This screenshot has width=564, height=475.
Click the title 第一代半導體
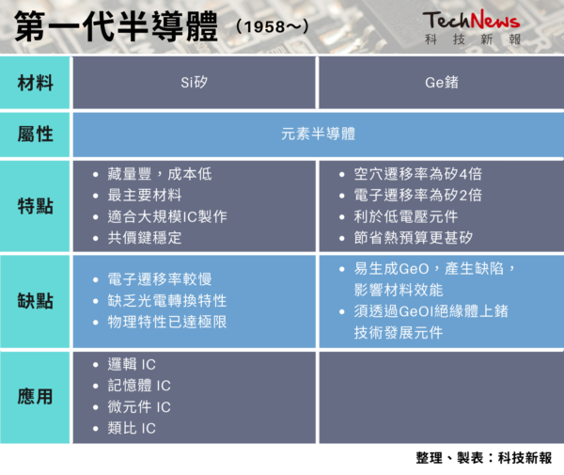click(116, 26)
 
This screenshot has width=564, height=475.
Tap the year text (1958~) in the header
click(273, 26)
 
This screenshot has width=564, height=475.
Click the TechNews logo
click(472, 27)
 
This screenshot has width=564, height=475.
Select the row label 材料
click(36, 83)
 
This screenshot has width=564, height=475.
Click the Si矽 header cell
click(194, 83)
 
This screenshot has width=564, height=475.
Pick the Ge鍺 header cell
click(442, 83)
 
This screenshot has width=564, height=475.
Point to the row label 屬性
click(36, 135)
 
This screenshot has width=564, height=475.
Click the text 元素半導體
click(318, 134)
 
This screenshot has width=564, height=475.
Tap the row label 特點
click(36, 206)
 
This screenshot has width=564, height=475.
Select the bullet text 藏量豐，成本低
click(160, 174)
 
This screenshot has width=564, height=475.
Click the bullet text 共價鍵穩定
click(145, 238)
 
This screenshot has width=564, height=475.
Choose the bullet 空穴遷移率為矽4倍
click(417, 174)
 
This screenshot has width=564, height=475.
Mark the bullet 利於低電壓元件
click(406, 216)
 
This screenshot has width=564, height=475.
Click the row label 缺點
click(36, 301)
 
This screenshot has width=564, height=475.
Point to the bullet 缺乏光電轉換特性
click(167, 301)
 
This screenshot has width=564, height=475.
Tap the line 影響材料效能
click(399, 290)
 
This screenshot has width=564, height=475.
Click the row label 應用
click(36, 397)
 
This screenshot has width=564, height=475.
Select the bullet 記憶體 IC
click(139, 386)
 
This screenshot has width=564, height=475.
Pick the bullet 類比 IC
click(132, 428)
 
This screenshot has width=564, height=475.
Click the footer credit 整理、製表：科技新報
click(484, 458)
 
